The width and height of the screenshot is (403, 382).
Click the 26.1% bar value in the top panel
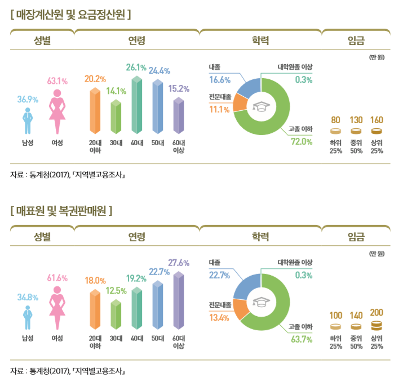coord(136,68)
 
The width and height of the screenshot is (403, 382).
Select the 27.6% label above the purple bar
coord(179,263)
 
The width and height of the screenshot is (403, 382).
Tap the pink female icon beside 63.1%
coord(57,110)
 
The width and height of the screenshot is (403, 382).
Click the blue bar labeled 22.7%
coord(157,304)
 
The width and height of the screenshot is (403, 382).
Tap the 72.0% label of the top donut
coord(301,141)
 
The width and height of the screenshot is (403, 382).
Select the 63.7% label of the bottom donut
coord(302,339)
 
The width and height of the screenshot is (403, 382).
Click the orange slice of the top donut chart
coord(240,102)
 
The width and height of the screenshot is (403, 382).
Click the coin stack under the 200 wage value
coord(377,325)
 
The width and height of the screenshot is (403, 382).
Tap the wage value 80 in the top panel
coord(336,120)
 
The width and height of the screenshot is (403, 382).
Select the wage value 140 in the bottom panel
coord(356,315)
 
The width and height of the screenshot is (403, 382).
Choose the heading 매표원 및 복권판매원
coord(61,211)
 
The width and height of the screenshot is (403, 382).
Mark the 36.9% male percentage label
coord(27,100)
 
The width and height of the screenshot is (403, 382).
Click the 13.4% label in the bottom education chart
coord(219,318)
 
